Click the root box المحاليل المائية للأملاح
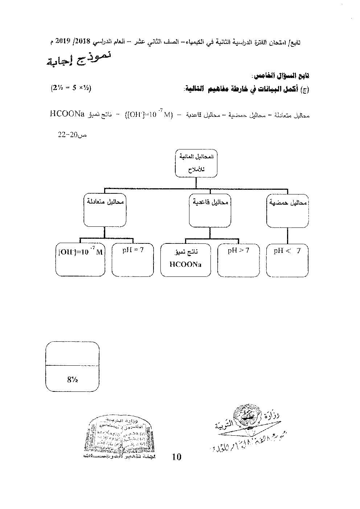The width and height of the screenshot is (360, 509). click(x=196, y=163)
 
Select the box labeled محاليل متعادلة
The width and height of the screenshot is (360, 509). click(x=105, y=210)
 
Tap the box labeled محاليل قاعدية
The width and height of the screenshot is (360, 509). click(x=210, y=210)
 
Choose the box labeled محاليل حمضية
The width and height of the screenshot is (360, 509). click(x=287, y=210)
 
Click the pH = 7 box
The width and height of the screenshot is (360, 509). click(x=133, y=259)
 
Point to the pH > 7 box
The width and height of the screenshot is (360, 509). click(x=238, y=259)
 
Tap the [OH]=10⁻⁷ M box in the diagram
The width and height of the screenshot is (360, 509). click(x=80, y=259)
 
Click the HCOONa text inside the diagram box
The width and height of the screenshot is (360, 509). click(x=185, y=264)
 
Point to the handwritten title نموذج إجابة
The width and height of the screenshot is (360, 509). click(x=79, y=59)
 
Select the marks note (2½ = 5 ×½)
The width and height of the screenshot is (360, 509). click(x=70, y=88)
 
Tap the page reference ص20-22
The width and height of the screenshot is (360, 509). click(x=72, y=135)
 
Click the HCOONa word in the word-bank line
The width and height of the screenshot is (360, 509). click(x=67, y=115)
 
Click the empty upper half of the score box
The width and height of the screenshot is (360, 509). click(x=72, y=354)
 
